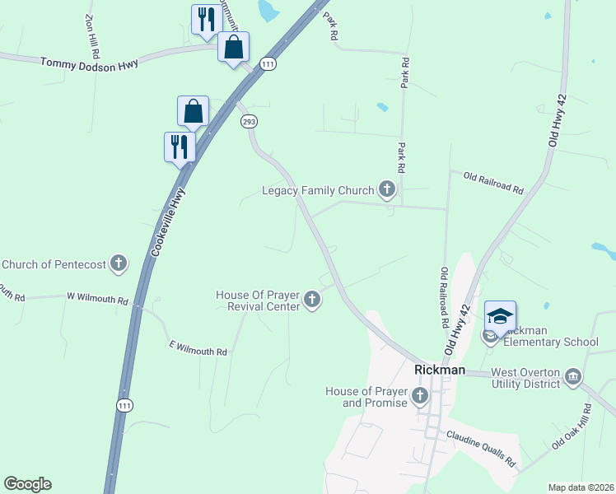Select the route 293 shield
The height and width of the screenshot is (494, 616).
(249, 121)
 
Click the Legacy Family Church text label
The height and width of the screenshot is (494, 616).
(318, 191)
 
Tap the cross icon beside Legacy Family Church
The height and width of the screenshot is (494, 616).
(386, 190)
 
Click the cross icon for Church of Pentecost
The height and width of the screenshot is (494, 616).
(119, 263)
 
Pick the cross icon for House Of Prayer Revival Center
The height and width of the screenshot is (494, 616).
(311, 301)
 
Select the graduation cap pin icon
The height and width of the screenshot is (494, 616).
(500, 316)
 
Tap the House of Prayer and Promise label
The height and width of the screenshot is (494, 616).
(366, 397)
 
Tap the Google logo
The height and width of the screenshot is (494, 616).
(27, 484)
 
